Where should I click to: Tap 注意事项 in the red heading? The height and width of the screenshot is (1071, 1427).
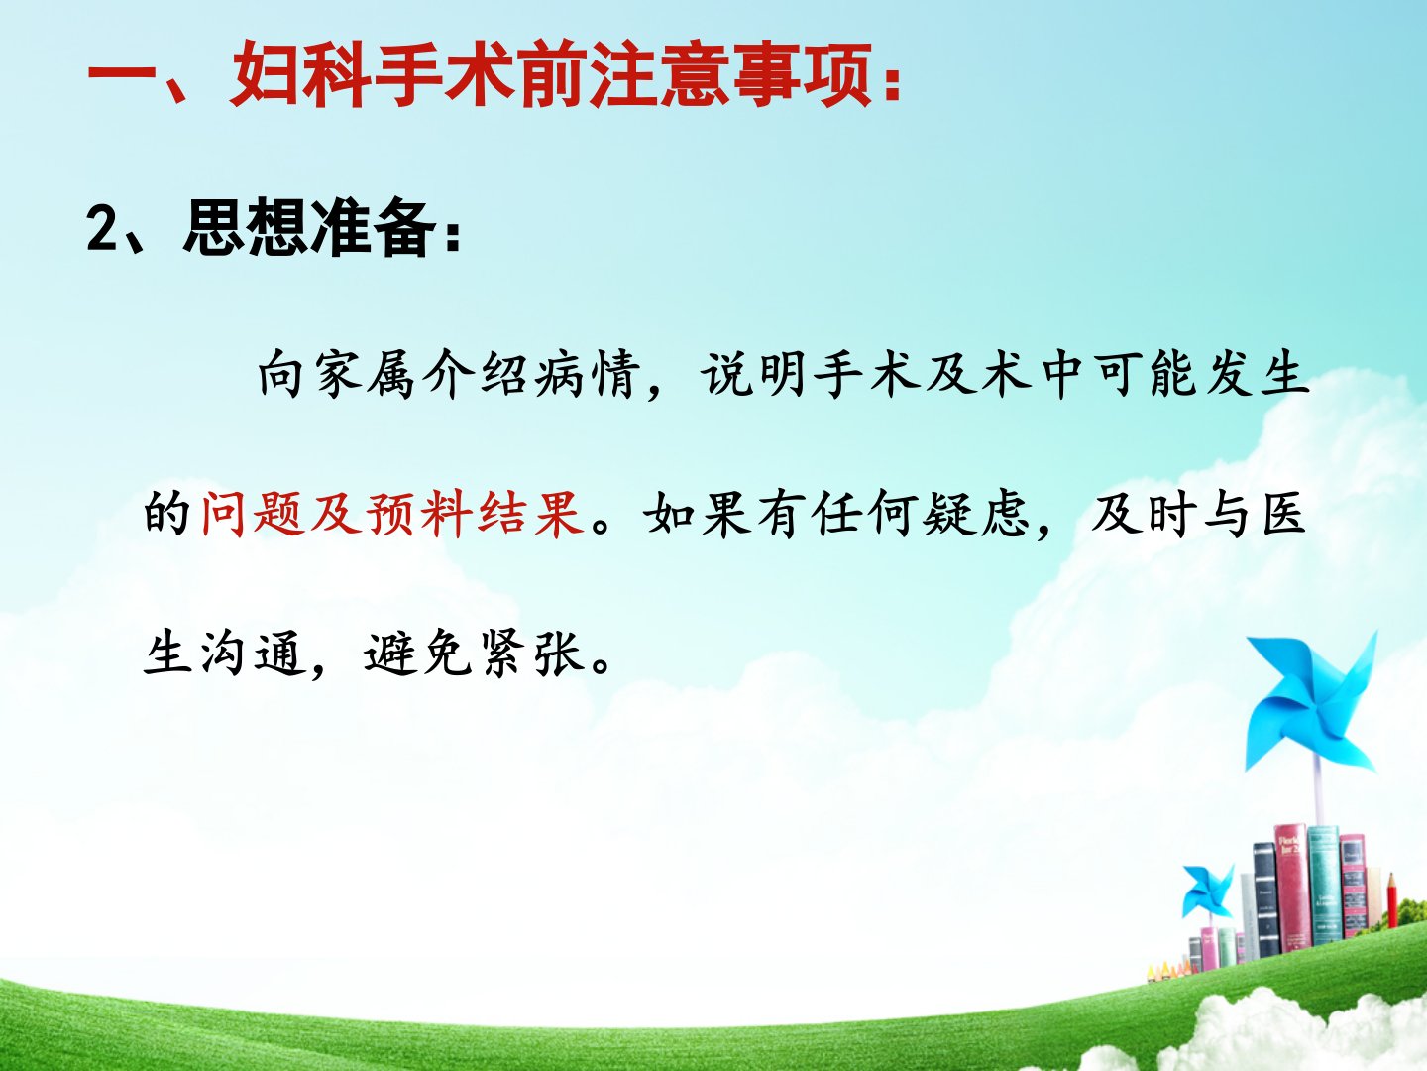tap(732, 74)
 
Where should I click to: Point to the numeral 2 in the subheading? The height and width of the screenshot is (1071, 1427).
tap(103, 228)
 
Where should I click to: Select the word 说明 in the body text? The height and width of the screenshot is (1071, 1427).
tap(754, 374)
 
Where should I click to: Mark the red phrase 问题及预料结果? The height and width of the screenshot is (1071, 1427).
tap(392, 515)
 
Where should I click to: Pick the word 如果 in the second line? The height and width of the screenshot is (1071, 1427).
tap(698, 515)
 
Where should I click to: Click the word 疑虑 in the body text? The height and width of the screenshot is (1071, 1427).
tap(975, 515)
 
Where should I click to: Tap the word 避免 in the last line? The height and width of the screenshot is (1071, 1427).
tap(417, 653)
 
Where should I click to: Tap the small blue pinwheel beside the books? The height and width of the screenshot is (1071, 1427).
tap(1208, 891)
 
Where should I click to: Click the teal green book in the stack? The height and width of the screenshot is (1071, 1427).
tap(1322, 885)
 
